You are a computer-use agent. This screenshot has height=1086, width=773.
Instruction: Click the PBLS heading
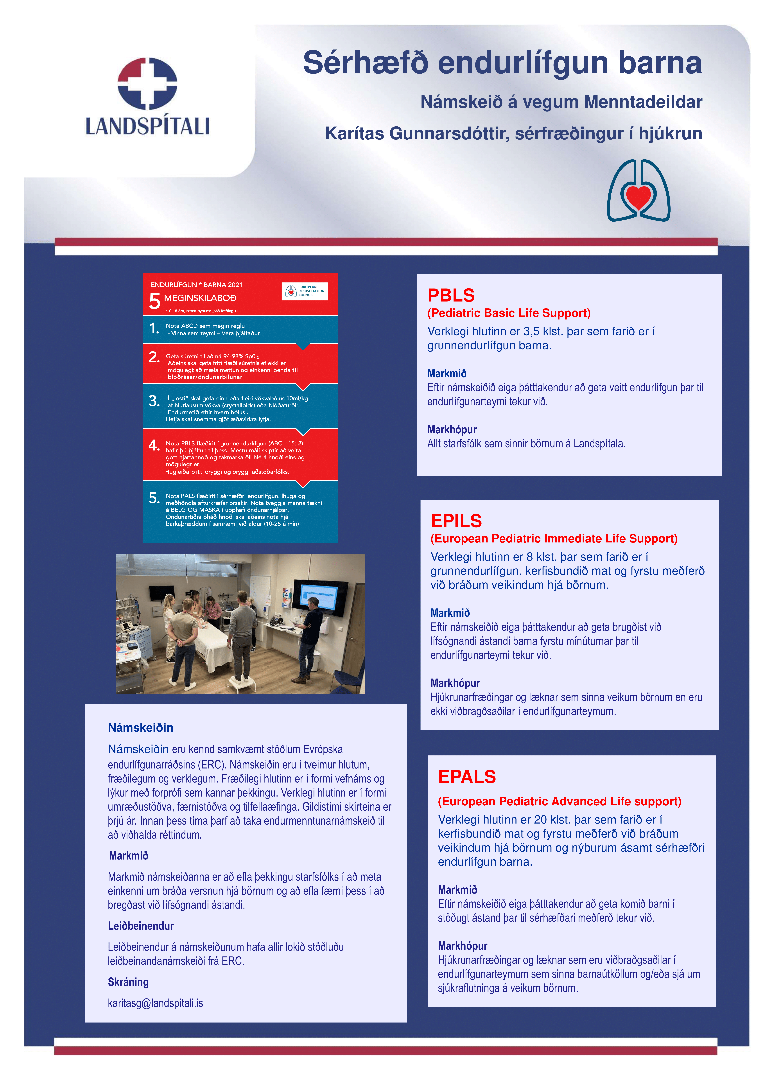451,296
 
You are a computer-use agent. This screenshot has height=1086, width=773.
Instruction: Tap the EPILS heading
456,521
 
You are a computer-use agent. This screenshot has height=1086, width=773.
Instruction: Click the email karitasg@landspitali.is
155,1003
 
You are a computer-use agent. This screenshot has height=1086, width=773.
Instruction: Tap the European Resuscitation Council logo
305,291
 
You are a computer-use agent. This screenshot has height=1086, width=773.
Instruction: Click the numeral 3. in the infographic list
154,401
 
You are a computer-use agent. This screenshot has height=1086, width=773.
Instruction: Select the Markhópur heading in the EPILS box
455,683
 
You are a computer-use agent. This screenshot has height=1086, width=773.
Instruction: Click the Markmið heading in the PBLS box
447,374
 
